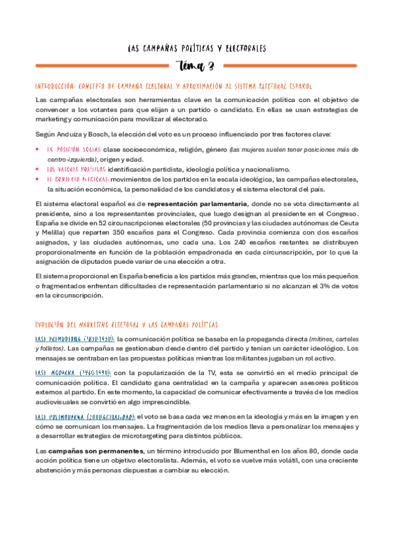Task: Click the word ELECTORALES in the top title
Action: (x=243, y=49)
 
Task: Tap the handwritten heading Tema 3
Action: (x=197, y=66)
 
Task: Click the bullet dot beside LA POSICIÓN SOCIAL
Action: (x=37, y=150)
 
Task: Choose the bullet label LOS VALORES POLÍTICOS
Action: (x=73, y=169)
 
